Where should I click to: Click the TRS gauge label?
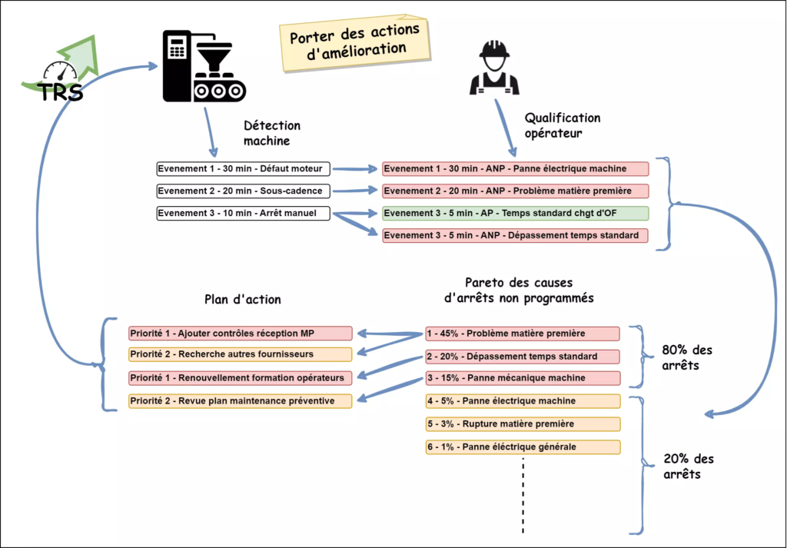[x=61, y=92]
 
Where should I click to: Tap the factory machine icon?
[x=204, y=67]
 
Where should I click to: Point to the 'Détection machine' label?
[x=272, y=133]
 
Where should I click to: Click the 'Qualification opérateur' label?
[x=563, y=125]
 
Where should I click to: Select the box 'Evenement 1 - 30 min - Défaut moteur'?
[x=244, y=168]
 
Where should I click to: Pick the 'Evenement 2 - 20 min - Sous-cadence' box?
[x=244, y=191]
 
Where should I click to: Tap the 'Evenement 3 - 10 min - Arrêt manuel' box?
[x=244, y=213]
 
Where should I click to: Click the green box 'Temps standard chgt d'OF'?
[x=515, y=213]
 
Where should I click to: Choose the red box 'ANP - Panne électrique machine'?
[x=515, y=168]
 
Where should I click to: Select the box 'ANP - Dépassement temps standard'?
[x=515, y=235]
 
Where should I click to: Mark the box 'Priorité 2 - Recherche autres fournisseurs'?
[x=240, y=354]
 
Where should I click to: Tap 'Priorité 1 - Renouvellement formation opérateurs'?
[x=240, y=377]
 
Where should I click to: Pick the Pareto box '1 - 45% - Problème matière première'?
[x=523, y=334]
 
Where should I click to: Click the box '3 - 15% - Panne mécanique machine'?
[x=523, y=377]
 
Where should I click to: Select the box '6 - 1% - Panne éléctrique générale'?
[x=523, y=447]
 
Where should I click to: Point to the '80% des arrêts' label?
[x=687, y=357]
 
